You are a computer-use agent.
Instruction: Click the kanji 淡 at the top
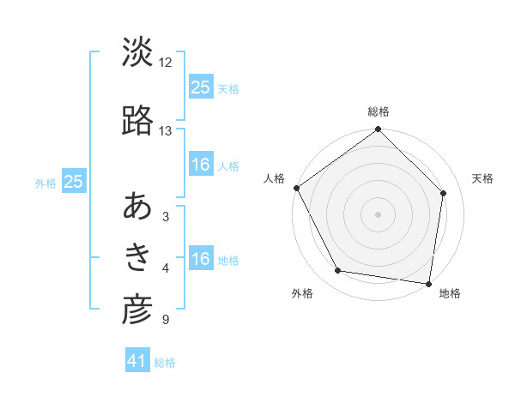point(137,52)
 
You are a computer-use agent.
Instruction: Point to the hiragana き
point(137,257)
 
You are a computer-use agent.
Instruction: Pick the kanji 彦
point(137,310)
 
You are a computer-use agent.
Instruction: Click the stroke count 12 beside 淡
point(166,63)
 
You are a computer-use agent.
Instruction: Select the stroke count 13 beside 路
point(166,131)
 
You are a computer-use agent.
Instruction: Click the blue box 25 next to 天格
point(201,87)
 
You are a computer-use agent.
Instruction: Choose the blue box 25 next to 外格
point(74,182)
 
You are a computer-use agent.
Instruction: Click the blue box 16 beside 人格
point(201,165)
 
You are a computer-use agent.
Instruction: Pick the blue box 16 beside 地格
point(201,259)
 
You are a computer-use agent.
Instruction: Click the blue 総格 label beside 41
point(166,363)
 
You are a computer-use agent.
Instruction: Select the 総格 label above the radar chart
point(379,111)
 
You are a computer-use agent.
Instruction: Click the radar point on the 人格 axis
point(297,188)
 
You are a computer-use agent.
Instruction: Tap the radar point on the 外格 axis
point(338,271)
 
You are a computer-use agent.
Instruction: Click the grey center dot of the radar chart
point(378,214)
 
